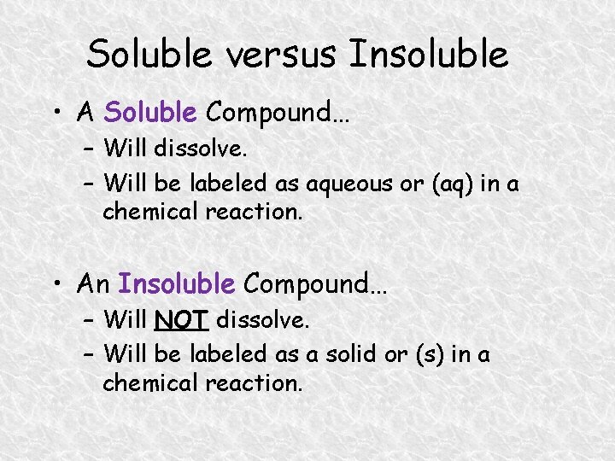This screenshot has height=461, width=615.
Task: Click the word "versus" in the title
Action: click(273, 55)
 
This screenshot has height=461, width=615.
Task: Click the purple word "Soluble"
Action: click(150, 111)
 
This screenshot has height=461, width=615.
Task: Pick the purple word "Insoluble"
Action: click(176, 283)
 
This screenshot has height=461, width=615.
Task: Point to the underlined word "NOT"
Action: click(181, 321)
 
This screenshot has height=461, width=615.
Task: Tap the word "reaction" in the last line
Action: click(255, 383)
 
